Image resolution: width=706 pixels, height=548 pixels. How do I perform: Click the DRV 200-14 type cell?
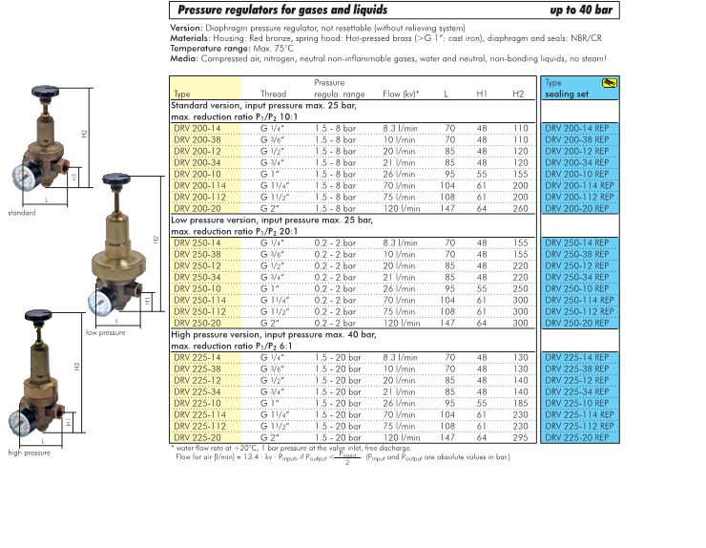pos(197,127)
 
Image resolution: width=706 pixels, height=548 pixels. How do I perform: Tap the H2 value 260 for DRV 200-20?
pos(519,208)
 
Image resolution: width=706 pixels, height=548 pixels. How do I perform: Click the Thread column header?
pos(273,95)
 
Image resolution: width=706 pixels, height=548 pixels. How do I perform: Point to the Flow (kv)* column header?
pos(400,95)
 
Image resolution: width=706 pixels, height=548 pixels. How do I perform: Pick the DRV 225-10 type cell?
pos(197,402)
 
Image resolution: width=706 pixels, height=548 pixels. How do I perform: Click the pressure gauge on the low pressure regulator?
pos(100,303)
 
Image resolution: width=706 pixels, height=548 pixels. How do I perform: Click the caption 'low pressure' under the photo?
pos(105,333)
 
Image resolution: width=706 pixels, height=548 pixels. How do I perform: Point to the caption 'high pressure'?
pos(29,453)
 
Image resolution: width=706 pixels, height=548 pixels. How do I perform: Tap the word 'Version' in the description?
pos(187,29)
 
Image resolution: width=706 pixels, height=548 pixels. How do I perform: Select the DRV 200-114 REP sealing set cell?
pos(581,185)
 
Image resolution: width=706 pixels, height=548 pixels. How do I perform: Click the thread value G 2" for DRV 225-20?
pos(273,437)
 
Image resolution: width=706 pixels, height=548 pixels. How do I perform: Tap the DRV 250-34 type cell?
pos(197,277)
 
